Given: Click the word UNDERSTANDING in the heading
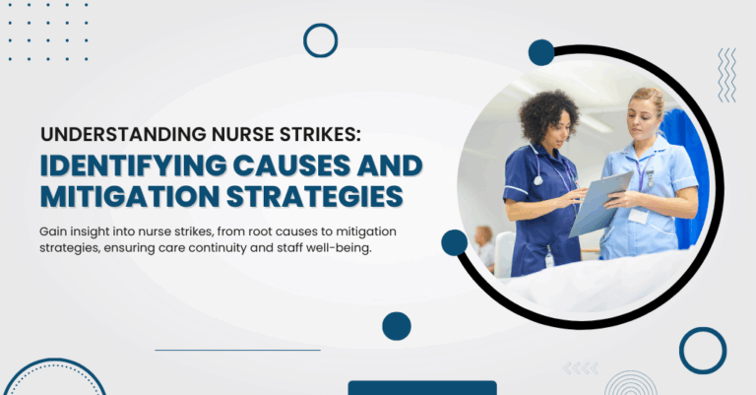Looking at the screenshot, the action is (x=123, y=135).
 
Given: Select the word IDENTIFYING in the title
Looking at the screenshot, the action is (x=133, y=165).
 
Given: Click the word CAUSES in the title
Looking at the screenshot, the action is (x=291, y=165).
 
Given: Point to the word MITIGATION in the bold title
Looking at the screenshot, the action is (x=130, y=197).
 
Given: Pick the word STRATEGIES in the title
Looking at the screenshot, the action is (x=314, y=197).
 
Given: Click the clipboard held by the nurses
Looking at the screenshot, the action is (x=600, y=203).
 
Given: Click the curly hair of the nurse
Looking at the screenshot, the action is (x=548, y=116).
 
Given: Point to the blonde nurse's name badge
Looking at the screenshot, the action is (x=638, y=216).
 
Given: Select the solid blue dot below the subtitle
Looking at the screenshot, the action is (x=397, y=326).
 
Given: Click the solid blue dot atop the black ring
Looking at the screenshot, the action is (x=541, y=52).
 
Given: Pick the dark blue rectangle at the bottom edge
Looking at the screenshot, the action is (x=422, y=388).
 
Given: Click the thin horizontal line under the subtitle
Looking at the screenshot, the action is (x=237, y=350).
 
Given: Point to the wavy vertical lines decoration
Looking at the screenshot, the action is (x=727, y=75).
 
